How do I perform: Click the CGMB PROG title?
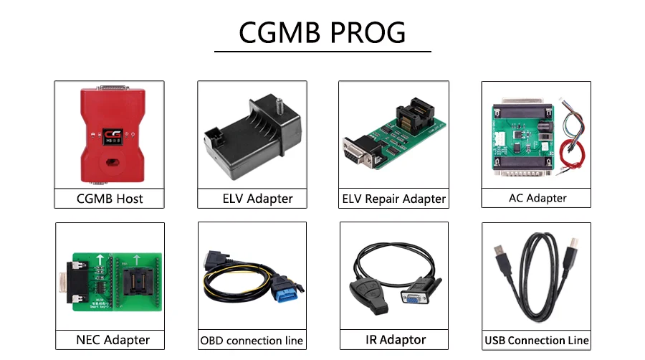(x=322, y=32)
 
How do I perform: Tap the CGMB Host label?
(x=109, y=199)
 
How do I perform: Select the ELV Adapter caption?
(x=252, y=199)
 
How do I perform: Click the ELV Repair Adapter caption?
(x=393, y=199)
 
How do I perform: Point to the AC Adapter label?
(x=536, y=198)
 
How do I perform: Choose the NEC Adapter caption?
(x=109, y=340)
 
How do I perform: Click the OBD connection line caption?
(x=252, y=341)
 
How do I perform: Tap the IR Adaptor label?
(x=393, y=339)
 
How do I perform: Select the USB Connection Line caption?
(x=536, y=340)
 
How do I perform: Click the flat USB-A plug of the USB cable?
(x=500, y=255)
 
